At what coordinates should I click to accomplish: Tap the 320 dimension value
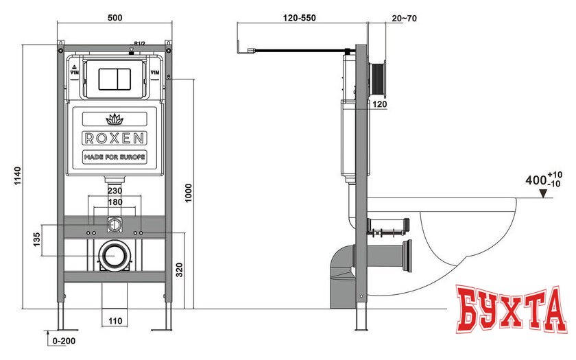179,269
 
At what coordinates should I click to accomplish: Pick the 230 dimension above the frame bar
115,191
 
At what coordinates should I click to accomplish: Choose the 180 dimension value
115,203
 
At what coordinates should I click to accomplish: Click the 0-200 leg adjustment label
62,341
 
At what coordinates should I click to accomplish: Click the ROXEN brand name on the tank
114,138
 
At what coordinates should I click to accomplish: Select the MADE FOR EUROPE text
114,157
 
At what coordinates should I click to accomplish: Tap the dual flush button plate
114,78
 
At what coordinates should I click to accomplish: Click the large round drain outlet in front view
114,256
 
